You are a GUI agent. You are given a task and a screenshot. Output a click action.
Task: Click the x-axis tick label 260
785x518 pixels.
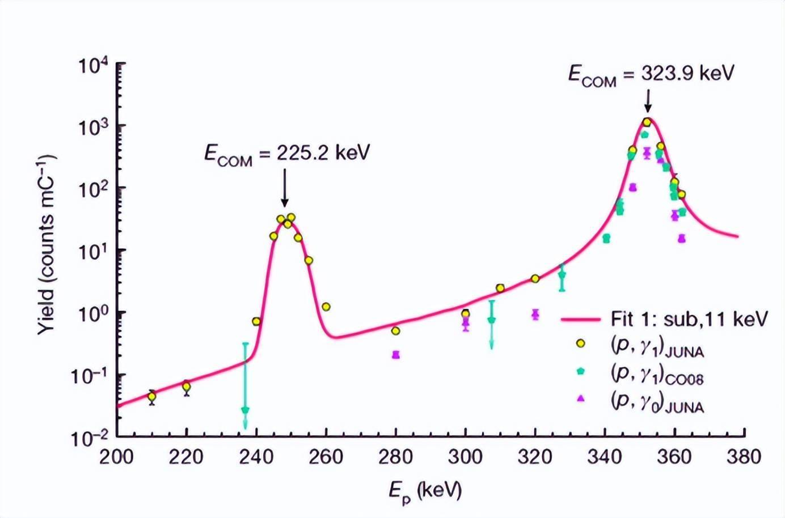coord(326,457)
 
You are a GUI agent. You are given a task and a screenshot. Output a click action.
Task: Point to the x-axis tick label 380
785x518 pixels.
coord(743,457)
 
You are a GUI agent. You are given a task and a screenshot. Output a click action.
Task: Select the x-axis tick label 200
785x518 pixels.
coord(116,457)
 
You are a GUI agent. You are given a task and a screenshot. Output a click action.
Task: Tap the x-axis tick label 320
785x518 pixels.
coord(535,457)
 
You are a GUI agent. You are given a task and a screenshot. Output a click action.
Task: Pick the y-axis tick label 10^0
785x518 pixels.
coord(93,313)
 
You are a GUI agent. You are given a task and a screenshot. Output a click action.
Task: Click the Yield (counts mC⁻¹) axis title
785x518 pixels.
coord(47,244)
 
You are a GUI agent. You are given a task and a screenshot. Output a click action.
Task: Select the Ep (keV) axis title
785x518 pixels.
coord(425,490)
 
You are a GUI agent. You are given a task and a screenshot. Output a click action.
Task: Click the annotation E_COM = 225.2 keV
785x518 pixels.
coord(287,154)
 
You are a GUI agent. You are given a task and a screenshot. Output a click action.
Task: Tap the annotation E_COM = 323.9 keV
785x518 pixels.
coord(651,75)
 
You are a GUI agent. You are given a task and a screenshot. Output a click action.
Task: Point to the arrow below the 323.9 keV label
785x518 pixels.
coord(648,102)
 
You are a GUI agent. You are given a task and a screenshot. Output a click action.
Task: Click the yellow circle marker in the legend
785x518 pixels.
coord(580,344)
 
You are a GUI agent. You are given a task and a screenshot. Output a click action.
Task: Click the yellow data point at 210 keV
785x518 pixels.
coord(151,397)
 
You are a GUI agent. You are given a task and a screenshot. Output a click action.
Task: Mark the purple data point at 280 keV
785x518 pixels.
coord(396,355)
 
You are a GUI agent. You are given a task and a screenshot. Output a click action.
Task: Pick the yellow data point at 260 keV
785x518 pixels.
coord(326,307)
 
